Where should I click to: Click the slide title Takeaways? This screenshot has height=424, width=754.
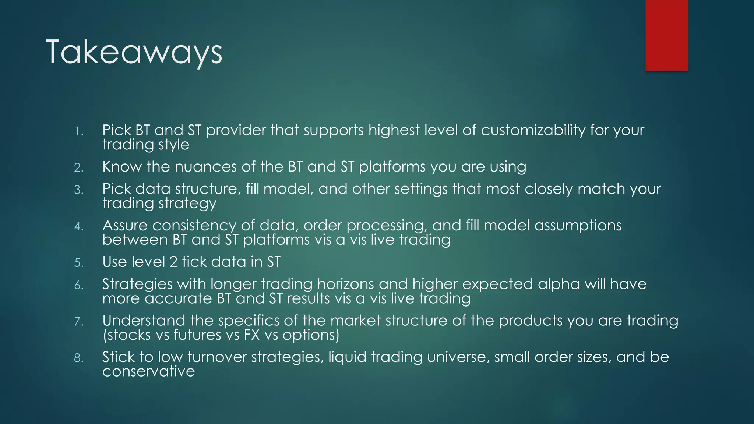point(134,52)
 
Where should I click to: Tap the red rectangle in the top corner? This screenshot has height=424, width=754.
point(666,35)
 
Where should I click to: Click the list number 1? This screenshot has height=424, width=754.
point(78,131)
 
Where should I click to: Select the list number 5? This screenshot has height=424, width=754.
point(78,263)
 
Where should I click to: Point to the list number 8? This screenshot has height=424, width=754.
point(78,358)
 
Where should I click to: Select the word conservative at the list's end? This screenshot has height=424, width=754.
point(148,371)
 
